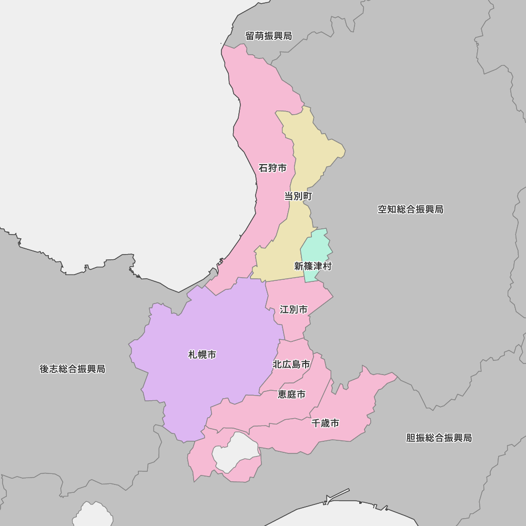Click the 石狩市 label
point(272,168)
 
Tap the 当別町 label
point(298,196)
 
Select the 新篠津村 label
point(313,266)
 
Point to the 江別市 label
point(294,310)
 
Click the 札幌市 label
point(203,355)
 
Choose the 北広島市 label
point(291,364)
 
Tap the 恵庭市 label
point(291,394)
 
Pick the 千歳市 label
point(325,423)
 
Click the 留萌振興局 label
point(268,36)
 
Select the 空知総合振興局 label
point(410,209)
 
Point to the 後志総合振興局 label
point(73,369)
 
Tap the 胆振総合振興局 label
point(439,438)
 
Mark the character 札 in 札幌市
point(193,355)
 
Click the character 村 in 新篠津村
point(327,266)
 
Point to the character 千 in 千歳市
point(316,423)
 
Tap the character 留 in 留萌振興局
point(250,36)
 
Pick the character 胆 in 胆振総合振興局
point(411,438)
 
